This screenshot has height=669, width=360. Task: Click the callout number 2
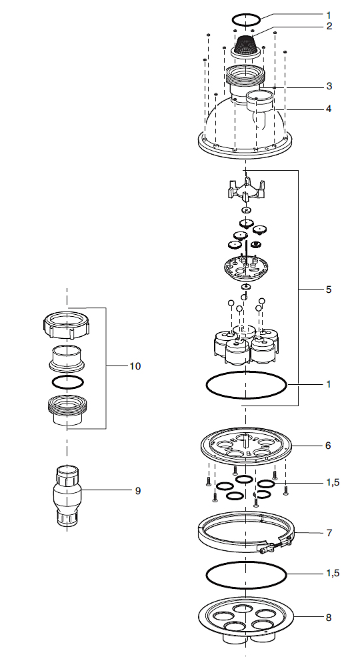(329, 26)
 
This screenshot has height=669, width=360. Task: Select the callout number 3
(329, 86)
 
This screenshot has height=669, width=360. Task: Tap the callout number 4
(329, 109)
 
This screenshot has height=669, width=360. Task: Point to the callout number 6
(328, 446)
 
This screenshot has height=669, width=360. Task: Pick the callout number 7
(329, 533)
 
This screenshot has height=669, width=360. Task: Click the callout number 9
(138, 491)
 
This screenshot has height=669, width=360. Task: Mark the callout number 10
(135, 366)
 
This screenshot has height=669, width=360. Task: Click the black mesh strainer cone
(247, 43)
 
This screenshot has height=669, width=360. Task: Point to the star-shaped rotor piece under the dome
(246, 190)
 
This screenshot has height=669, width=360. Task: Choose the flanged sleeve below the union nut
(67, 358)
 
